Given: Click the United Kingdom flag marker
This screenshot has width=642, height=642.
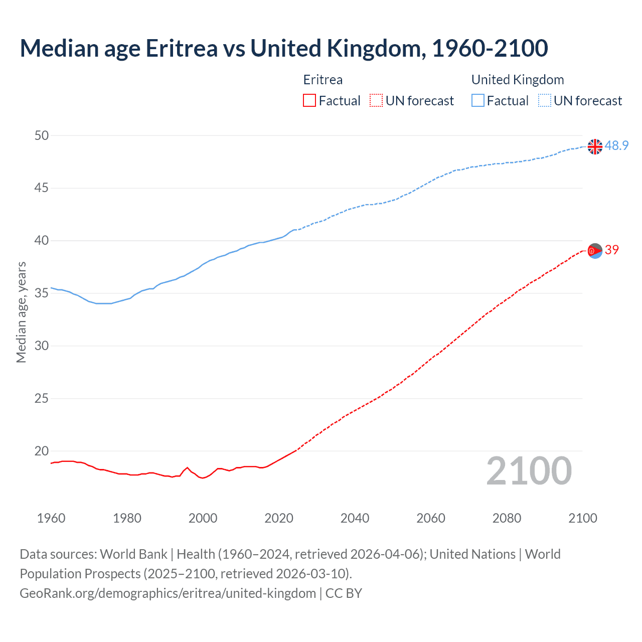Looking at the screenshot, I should [595, 146].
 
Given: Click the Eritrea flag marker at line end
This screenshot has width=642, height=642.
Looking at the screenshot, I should [595, 250].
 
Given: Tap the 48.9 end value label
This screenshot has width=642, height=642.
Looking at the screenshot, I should [616, 145].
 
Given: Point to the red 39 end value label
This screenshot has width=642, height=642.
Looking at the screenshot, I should [612, 250].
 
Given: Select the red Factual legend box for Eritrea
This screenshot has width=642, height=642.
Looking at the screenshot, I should [309, 100].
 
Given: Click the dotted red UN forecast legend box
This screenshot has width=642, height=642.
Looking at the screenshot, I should [376, 100].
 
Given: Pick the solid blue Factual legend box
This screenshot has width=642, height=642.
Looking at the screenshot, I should [478, 100].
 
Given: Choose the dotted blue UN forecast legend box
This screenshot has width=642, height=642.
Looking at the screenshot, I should [544, 100].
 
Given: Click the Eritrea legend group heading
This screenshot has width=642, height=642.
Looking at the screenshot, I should [323, 80].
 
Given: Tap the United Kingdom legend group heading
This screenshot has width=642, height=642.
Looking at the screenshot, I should [518, 80].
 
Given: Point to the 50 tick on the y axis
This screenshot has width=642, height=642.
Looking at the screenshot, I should [42, 135].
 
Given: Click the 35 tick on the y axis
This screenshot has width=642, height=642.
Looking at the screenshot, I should [42, 293].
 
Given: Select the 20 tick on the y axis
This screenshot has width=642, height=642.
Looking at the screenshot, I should [42, 451].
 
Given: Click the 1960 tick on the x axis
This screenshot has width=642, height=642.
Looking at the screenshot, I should [51, 518].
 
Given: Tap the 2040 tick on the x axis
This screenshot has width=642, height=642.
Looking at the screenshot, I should [355, 518].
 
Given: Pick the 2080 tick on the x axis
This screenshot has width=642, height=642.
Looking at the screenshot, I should [507, 518].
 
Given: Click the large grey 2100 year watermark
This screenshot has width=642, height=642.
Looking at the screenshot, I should [529, 470].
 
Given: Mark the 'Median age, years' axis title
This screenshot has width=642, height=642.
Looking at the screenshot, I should [21, 312].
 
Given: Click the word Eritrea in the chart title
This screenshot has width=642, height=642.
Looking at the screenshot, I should [182, 48].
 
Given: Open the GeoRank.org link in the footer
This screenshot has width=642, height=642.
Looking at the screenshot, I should [168, 593].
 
